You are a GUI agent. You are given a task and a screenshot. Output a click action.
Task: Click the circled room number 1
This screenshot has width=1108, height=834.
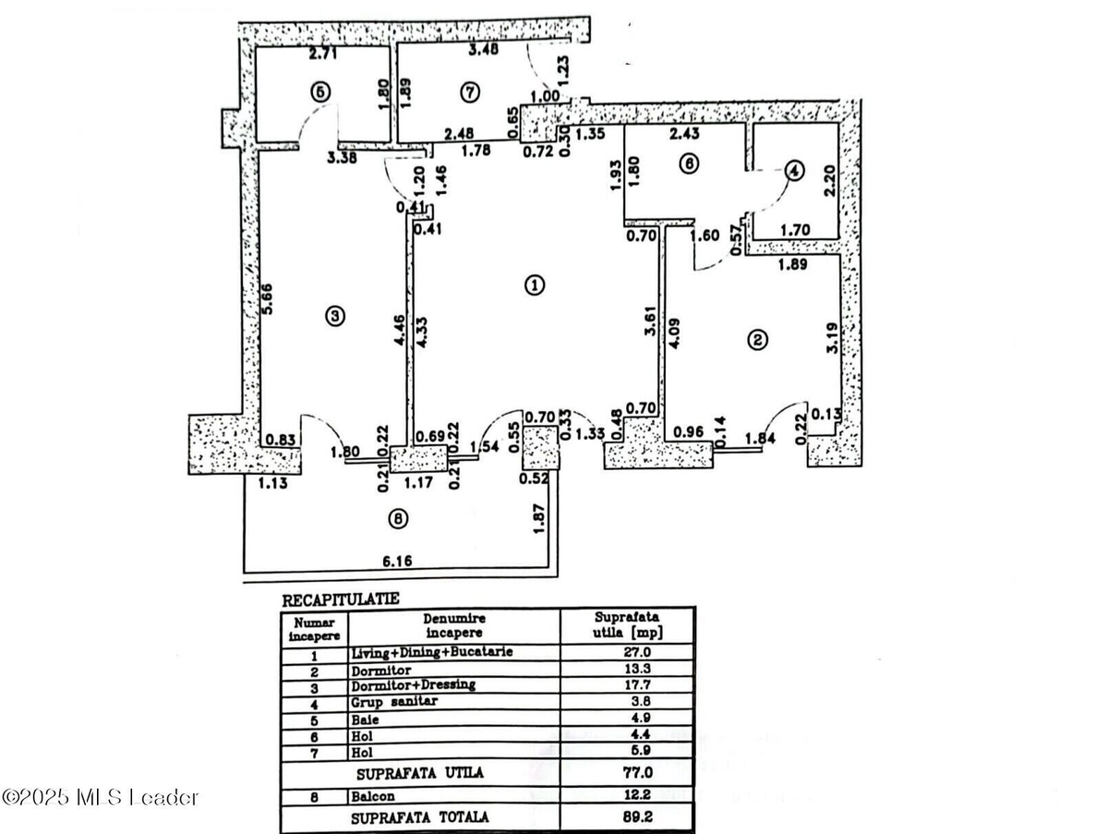[535, 285]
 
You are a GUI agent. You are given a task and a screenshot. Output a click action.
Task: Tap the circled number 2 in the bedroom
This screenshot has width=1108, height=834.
[757, 340]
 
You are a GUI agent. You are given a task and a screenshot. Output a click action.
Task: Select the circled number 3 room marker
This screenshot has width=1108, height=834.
[334, 316]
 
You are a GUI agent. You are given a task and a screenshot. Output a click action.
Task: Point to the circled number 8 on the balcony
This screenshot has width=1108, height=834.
[398, 519]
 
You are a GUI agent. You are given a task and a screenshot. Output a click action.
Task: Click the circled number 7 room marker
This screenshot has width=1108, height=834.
[470, 92]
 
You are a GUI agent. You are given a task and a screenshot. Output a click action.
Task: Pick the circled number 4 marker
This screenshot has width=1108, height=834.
[795, 171]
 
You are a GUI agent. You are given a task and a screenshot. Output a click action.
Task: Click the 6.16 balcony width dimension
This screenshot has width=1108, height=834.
[397, 561]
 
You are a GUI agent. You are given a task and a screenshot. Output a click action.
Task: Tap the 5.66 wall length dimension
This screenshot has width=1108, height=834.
[267, 299]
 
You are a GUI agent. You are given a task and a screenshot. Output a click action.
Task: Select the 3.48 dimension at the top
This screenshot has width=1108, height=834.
[484, 50]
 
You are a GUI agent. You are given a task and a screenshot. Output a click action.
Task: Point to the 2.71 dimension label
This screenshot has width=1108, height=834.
[323, 53]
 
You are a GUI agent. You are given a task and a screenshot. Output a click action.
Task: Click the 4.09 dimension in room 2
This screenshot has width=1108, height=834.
[674, 333]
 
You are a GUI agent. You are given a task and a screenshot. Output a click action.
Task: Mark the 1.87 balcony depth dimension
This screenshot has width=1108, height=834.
[539, 518]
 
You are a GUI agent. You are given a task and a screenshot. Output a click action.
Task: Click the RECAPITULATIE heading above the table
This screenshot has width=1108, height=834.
[340, 599]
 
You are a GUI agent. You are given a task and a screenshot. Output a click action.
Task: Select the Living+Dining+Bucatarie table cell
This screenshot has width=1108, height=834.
[432, 652]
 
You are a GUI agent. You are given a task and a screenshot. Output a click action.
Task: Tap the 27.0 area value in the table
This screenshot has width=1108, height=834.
[637, 652]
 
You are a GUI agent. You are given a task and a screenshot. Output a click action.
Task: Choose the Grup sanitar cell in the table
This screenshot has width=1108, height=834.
[394, 701]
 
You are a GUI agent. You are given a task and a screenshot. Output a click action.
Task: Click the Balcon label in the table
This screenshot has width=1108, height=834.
[373, 797]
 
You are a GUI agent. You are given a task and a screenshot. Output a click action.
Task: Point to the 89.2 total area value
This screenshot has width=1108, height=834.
[637, 816]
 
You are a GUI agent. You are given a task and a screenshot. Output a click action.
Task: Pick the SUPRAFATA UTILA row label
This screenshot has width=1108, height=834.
[420, 773]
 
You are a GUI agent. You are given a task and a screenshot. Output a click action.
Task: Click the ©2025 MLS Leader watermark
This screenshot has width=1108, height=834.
[100, 798]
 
